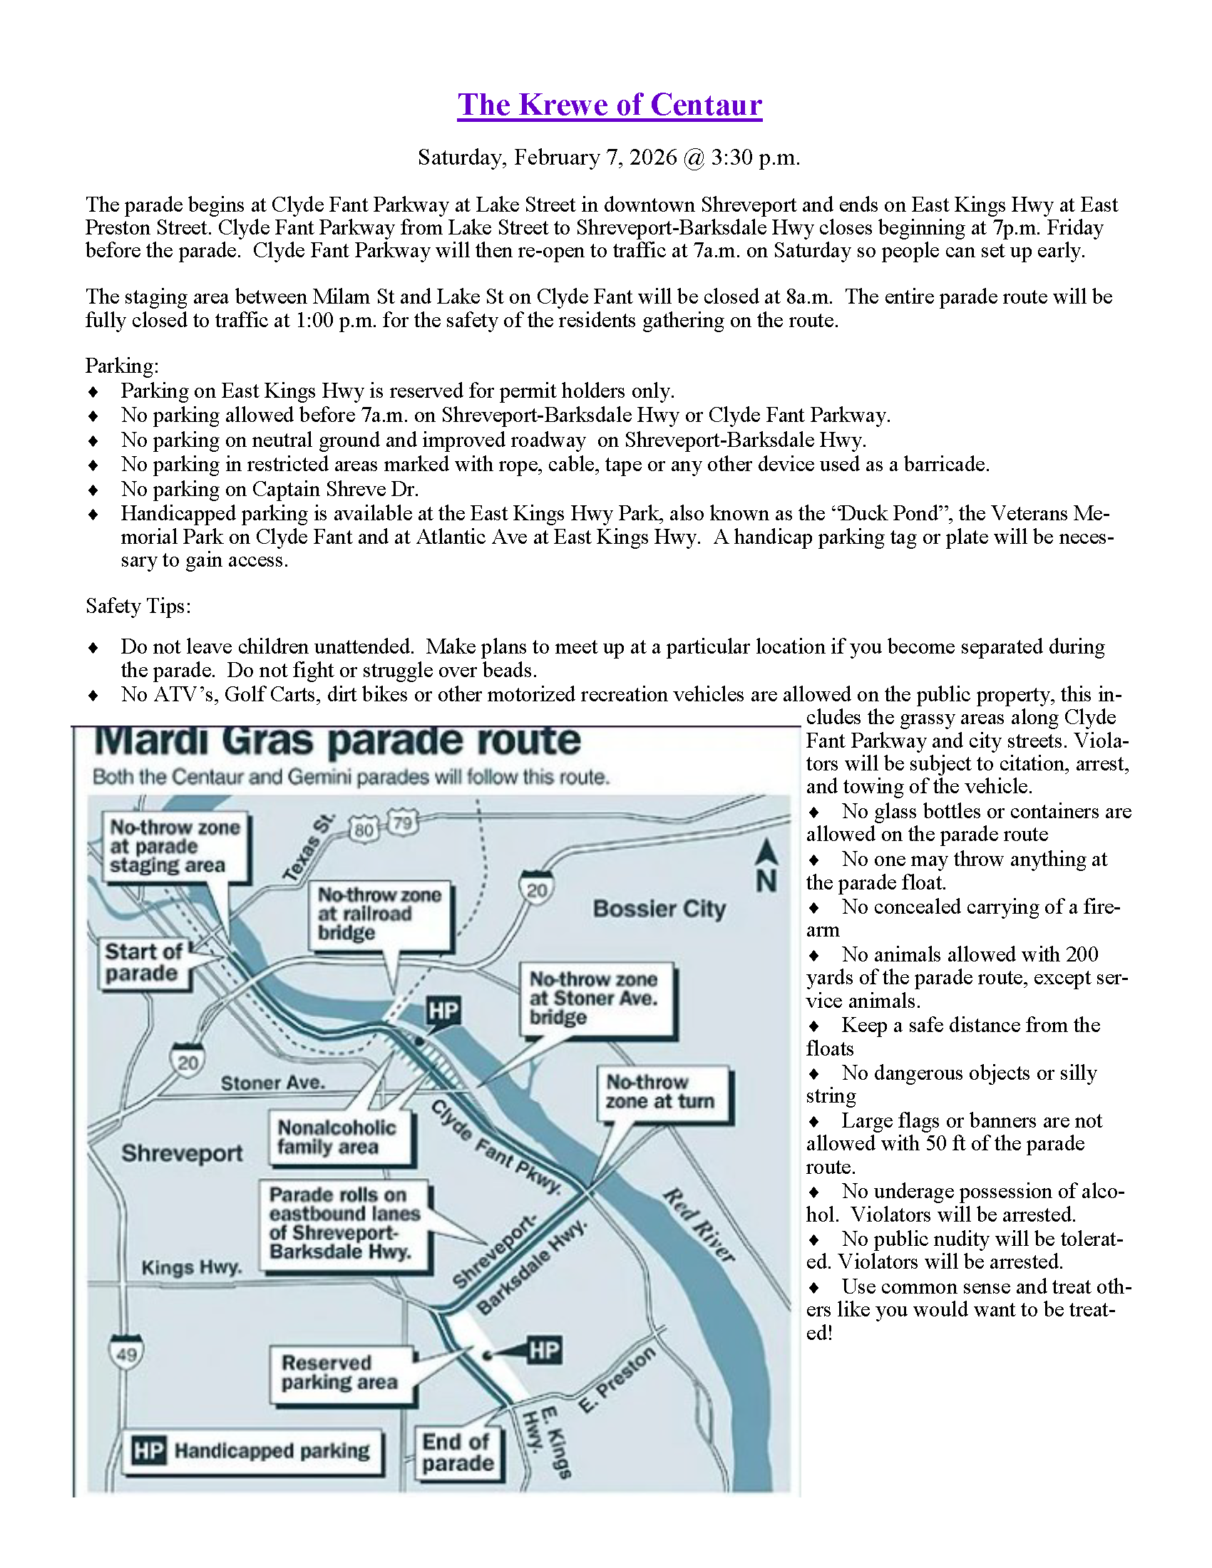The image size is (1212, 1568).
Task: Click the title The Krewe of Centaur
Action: point(610,105)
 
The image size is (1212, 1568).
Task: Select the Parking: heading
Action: point(122,366)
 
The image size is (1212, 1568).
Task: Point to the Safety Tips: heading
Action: point(138,606)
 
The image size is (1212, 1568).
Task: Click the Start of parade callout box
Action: point(143,963)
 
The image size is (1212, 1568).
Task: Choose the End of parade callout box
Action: point(458,1453)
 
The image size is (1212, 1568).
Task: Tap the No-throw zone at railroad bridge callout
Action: point(379,914)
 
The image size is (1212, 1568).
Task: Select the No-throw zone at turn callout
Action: point(660,1092)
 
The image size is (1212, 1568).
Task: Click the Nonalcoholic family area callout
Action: point(337,1138)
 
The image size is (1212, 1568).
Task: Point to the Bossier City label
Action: point(659,909)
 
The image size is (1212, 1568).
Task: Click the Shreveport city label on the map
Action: point(182,1153)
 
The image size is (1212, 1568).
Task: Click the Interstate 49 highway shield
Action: point(126,1354)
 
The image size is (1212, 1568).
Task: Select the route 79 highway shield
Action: point(403,822)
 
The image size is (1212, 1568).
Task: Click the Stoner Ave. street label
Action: point(272,1083)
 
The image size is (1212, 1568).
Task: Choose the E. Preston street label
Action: point(617,1380)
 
